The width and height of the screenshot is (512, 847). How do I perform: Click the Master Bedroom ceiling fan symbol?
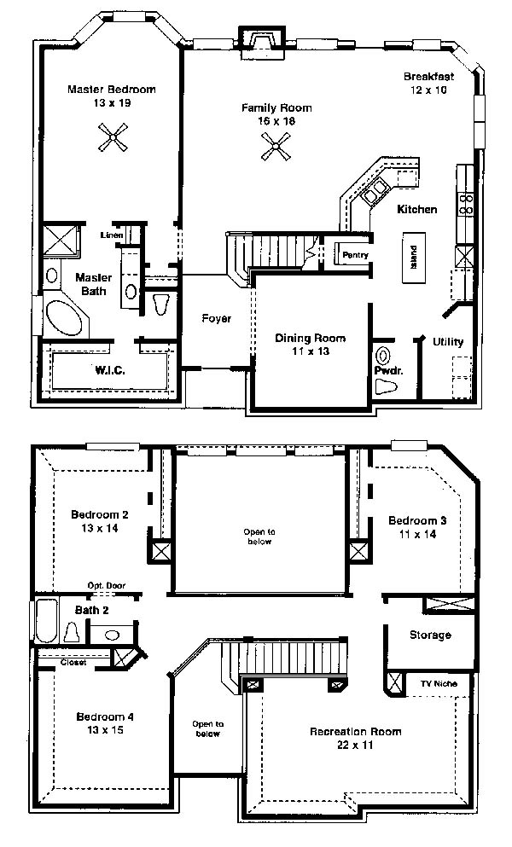click(x=113, y=137)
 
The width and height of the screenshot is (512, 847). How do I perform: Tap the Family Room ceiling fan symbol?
click(x=276, y=147)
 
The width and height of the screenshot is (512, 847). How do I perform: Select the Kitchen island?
click(x=414, y=258)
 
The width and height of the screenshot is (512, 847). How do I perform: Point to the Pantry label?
click(x=355, y=254)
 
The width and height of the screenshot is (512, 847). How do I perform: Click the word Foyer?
click(x=216, y=319)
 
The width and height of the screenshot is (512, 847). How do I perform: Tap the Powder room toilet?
click(x=386, y=386)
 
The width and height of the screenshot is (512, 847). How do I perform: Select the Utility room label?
click(x=448, y=342)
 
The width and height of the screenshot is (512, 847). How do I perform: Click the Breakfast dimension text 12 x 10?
click(x=428, y=90)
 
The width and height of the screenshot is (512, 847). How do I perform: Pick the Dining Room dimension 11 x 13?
click(x=311, y=351)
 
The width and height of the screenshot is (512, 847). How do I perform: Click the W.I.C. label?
click(x=110, y=370)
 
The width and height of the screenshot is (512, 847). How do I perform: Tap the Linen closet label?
click(x=112, y=235)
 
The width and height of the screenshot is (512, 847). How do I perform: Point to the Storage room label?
click(x=430, y=635)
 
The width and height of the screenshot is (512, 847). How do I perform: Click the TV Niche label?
click(x=439, y=683)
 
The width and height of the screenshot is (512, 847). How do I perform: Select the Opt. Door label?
click(x=107, y=585)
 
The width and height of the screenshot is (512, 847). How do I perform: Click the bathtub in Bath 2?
click(x=47, y=620)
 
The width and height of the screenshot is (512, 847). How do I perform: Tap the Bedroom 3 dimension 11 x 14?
click(x=417, y=534)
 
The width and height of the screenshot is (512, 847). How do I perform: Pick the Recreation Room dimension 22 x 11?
click(x=355, y=745)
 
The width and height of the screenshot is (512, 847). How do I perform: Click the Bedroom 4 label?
click(x=105, y=716)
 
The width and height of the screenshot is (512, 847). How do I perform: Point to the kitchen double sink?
click(x=375, y=191)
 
